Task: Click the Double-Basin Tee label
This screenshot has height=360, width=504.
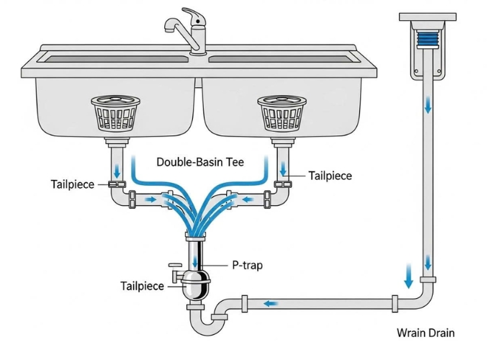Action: pyautogui.click(x=200, y=163)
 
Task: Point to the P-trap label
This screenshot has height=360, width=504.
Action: pyautogui.click(x=247, y=265)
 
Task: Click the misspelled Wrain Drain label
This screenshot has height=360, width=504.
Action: pyautogui.click(x=426, y=333)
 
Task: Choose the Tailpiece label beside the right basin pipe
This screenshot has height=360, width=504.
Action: pyautogui.click(x=330, y=176)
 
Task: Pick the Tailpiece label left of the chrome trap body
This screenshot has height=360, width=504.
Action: pyautogui.click(x=143, y=287)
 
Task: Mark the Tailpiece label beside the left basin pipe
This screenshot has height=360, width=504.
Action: pyautogui.click(x=73, y=184)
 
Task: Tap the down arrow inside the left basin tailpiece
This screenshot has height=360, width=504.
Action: pyautogui.click(x=117, y=171)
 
